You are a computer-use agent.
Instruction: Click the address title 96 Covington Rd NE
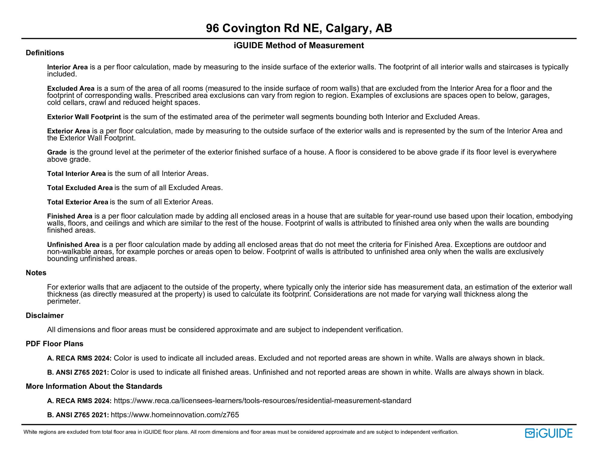(x=299, y=29)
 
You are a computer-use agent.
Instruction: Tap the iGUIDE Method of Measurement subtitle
(x=299, y=45)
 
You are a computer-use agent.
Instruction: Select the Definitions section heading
(x=45, y=53)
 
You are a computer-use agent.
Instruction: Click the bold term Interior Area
(x=67, y=67)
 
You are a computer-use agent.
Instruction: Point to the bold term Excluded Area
(x=71, y=88)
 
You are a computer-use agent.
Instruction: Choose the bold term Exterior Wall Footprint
(x=84, y=117)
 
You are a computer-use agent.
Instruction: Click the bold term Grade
(x=57, y=152)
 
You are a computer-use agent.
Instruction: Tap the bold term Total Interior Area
(x=76, y=174)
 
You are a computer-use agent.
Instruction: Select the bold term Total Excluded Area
(x=80, y=188)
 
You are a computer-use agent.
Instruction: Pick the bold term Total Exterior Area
(x=78, y=202)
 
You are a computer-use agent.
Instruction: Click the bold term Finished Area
(x=69, y=216)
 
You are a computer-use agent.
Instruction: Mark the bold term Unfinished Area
(x=73, y=245)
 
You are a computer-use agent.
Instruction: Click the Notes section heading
(x=36, y=273)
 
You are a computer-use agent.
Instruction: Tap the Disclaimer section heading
(x=45, y=316)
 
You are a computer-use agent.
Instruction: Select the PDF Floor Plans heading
(x=54, y=344)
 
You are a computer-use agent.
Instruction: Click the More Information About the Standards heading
(x=94, y=387)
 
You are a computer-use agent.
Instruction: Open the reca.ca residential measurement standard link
(x=262, y=401)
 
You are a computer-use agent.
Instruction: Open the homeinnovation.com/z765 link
(x=175, y=415)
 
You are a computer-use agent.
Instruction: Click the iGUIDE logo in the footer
(x=549, y=433)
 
